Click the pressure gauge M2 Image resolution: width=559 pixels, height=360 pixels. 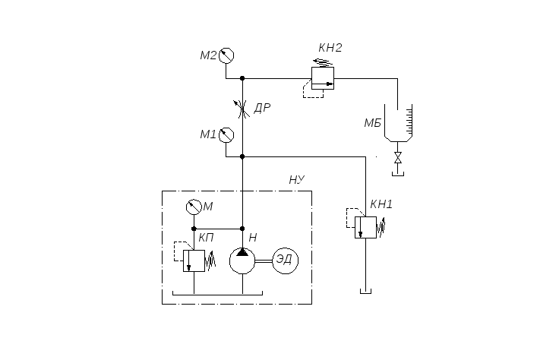point(226,55)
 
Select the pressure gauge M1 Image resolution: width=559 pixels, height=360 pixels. point(226,135)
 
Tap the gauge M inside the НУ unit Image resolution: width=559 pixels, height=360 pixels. point(194,207)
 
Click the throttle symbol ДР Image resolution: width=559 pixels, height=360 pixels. point(242,109)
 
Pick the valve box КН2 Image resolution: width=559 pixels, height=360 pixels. point(323,78)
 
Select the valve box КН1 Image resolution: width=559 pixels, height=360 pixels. point(365,227)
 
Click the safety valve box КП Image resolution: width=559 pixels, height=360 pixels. point(194,261)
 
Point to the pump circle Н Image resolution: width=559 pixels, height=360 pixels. point(242,261)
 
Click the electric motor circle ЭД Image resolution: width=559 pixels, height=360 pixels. point(286,261)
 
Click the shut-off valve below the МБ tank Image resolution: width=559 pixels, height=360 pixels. point(398,157)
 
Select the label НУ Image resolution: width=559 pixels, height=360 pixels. point(297,180)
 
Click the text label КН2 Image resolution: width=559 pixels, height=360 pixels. point(330,48)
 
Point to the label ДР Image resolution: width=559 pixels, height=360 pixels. point(262,108)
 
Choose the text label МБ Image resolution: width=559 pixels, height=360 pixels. point(373,123)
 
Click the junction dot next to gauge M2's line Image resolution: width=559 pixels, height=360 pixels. point(242,78)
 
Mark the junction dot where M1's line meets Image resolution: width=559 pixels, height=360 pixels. point(242,156)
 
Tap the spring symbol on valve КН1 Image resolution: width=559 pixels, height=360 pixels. point(381,227)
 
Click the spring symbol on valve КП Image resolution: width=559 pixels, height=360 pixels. point(210,261)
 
